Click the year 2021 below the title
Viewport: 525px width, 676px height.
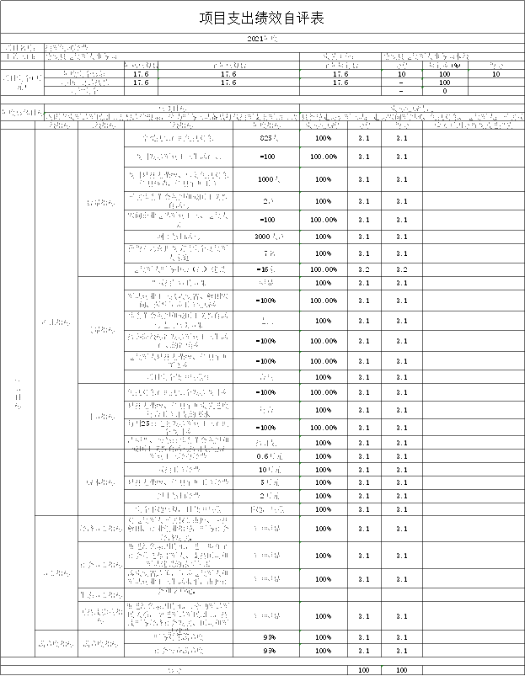coord(257,39)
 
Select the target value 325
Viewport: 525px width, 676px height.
coord(266,138)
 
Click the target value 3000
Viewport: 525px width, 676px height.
coord(264,237)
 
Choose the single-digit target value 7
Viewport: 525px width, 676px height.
coord(265,253)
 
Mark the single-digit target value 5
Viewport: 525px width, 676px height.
coord(264,482)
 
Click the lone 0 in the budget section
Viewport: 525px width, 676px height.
coord(444,91)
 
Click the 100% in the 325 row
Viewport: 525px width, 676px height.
coord(324,138)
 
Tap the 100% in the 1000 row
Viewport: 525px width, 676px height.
coord(324,179)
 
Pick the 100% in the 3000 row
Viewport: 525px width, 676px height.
coord(324,237)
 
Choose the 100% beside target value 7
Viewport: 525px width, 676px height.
coord(324,253)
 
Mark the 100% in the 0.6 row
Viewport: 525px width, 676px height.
coord(324,456)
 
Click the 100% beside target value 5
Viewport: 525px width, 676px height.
coord(324,482)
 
